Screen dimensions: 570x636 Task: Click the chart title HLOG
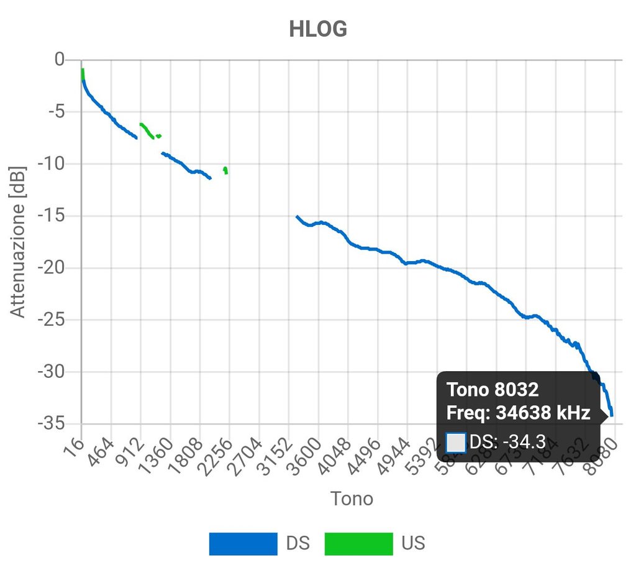click(317, 29)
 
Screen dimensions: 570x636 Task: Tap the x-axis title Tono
click(352, 498)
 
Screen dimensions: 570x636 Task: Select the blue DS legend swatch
click(243, 543)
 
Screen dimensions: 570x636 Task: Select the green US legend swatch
click(358, 543)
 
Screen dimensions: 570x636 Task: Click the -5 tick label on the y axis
click(55, 113)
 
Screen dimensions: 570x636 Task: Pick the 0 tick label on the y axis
click(60, 60)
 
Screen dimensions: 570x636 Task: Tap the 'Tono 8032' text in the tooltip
click(493, 390)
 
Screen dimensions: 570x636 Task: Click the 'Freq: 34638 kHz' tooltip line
click(518, 413)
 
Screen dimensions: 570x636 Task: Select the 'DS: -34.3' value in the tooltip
click(507, 442)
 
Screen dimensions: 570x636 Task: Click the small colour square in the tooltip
click(456, 442)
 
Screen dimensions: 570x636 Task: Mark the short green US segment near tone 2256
click(225, 170)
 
